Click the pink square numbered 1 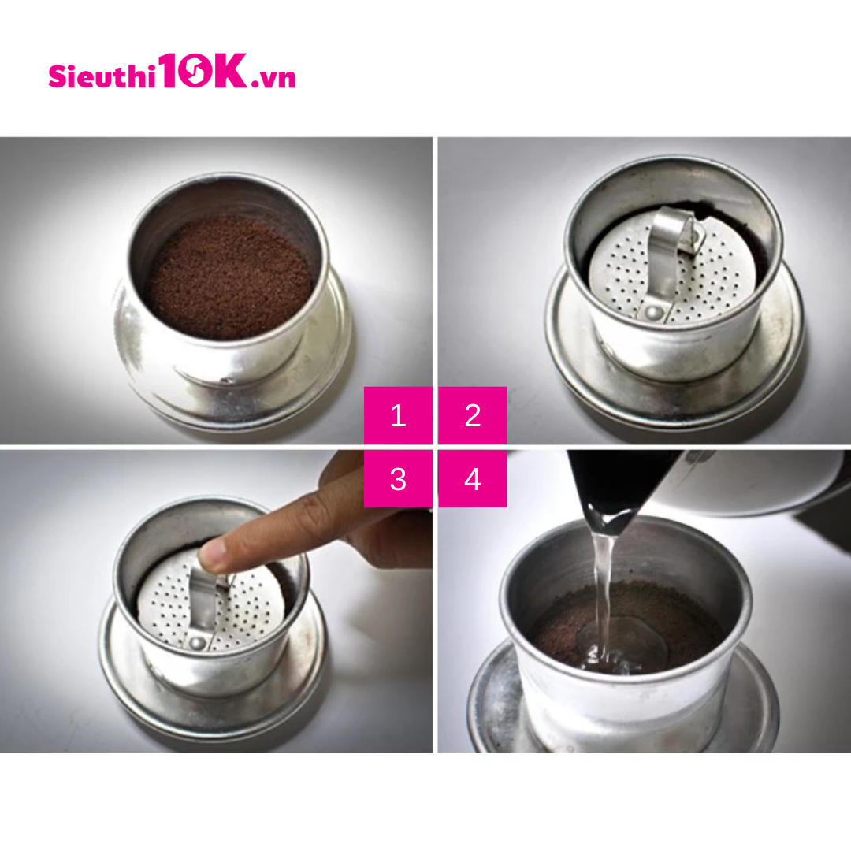398,415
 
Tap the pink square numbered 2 473,415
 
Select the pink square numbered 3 398,479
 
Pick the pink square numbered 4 473,479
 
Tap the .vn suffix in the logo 273,78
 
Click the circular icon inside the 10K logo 195,71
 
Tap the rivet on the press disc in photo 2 652,312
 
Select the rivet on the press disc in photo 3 197,644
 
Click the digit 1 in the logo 168,71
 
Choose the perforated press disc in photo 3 209,603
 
